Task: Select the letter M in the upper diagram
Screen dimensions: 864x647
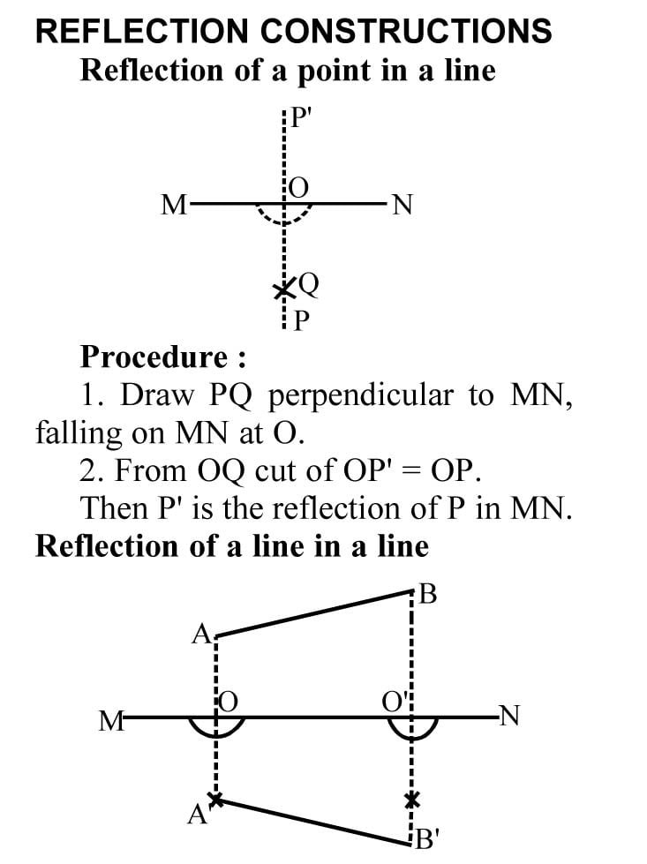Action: tap(174, 206)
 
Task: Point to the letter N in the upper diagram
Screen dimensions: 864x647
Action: tap(402, 206)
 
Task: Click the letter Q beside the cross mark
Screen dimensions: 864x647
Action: tap(308, 284)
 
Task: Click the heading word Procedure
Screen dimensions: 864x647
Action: tap(154, 357)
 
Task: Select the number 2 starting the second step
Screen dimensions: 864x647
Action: tap(87, 470)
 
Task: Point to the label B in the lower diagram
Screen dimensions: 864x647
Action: tap(429, 595)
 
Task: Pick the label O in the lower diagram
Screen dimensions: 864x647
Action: tap(229, 702)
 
